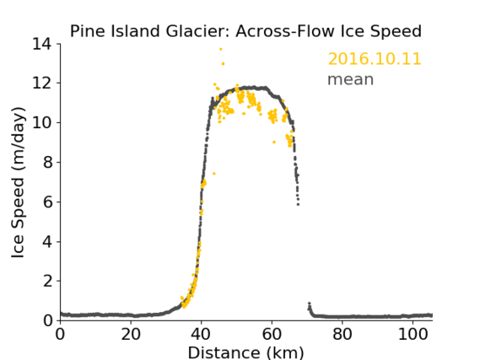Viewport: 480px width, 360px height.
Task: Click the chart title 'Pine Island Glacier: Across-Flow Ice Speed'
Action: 245,31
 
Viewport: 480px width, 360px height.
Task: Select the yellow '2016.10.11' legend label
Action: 375,59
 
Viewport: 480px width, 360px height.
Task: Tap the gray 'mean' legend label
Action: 351,79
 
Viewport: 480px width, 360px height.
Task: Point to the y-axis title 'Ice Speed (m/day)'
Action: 18,182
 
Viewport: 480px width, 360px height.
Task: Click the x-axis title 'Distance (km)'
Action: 245,352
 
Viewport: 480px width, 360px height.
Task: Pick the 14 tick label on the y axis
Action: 42,44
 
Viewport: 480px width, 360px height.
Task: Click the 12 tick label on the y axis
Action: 42,83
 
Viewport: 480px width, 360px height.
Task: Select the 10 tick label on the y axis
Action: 42,122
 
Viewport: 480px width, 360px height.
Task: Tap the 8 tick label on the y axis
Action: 47,162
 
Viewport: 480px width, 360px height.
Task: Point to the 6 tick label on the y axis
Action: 47,201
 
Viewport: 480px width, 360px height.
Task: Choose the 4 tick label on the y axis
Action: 47,242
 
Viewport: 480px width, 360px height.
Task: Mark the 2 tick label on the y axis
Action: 47,281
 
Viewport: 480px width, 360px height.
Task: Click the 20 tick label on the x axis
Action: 131,335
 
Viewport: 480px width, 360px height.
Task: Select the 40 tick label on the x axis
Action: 201,335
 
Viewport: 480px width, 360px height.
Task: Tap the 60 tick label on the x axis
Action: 272,335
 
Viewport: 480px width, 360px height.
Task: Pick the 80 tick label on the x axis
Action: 342,335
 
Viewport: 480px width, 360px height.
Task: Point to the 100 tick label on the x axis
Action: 413,335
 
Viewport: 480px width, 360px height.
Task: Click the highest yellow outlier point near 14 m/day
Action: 221,49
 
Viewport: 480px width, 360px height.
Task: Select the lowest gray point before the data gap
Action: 298,204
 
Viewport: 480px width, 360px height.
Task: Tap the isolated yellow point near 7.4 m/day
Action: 214,174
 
